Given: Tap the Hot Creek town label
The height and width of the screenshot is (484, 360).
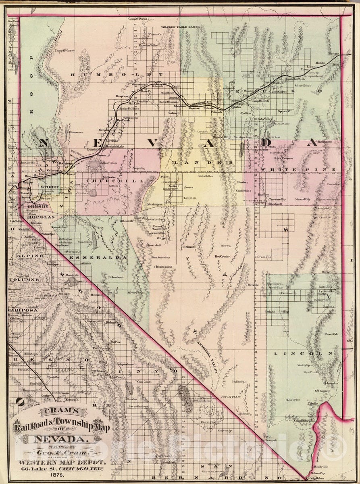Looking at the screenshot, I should pos(222,256).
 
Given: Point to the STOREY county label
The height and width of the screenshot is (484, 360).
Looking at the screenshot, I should pos(49,187).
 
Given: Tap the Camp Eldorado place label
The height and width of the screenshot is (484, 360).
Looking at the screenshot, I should pos(304,421).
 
